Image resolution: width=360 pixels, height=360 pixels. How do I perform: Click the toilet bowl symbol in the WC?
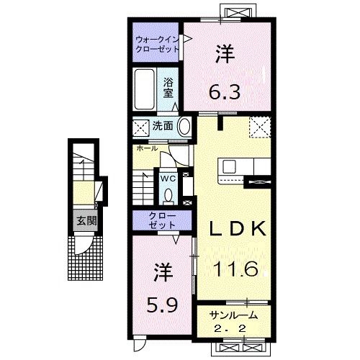168,194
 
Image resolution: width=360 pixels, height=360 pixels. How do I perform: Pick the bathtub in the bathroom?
147,88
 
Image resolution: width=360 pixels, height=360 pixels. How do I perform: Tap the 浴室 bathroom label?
169,87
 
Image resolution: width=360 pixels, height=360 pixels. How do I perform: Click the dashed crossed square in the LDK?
258,127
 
